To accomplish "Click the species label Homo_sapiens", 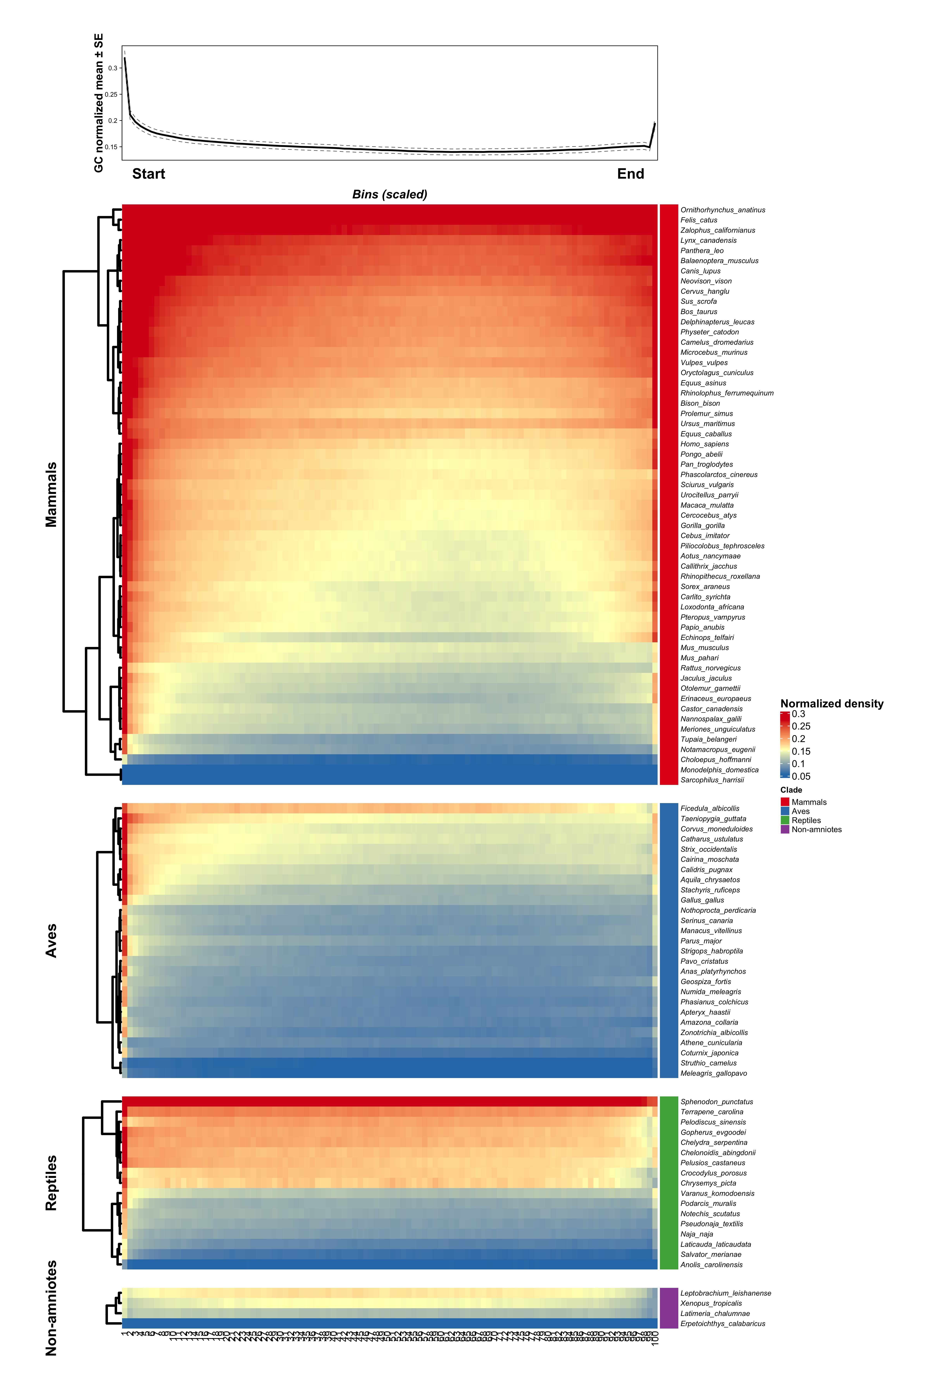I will [x=705, y=444].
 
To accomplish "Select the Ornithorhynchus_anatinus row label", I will [x=722, y=210].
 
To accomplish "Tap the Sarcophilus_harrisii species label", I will [x=712, y=780].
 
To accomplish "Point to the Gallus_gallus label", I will [x=702, y=900].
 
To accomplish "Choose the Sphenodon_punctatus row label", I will [x=716, y=1102].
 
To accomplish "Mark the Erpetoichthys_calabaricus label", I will [x=722, y=1324].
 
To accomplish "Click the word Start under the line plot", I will [x=148, y=174].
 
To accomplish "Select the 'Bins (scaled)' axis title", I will [x=390, y=195].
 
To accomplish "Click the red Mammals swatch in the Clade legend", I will [x=785, y=802].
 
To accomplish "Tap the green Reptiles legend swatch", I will [x=785, y=820].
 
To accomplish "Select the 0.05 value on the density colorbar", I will [x=801, y=776].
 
